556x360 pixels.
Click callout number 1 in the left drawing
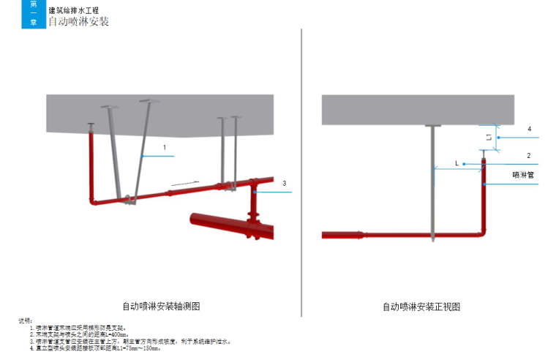click(x=165, y=147)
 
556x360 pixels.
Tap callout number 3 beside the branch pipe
click(x=285, y=183)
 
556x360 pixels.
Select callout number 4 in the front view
click(x=528, y=129)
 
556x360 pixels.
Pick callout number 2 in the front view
click(x=528, y=155)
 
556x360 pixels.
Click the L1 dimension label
click(x=489, y=137)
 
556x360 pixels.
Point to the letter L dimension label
click(x=457, y=163)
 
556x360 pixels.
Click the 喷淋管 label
click(x=523, y=175)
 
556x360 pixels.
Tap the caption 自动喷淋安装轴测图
click(x=161, y=307)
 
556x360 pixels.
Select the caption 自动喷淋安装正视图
click(x=421, y=307)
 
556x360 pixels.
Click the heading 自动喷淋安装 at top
click(x=78, y=22)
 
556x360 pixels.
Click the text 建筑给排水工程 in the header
click(x=73, y=10)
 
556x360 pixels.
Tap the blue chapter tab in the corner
click(x=32, y=14)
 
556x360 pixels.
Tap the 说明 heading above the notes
click(x=24, y=320)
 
